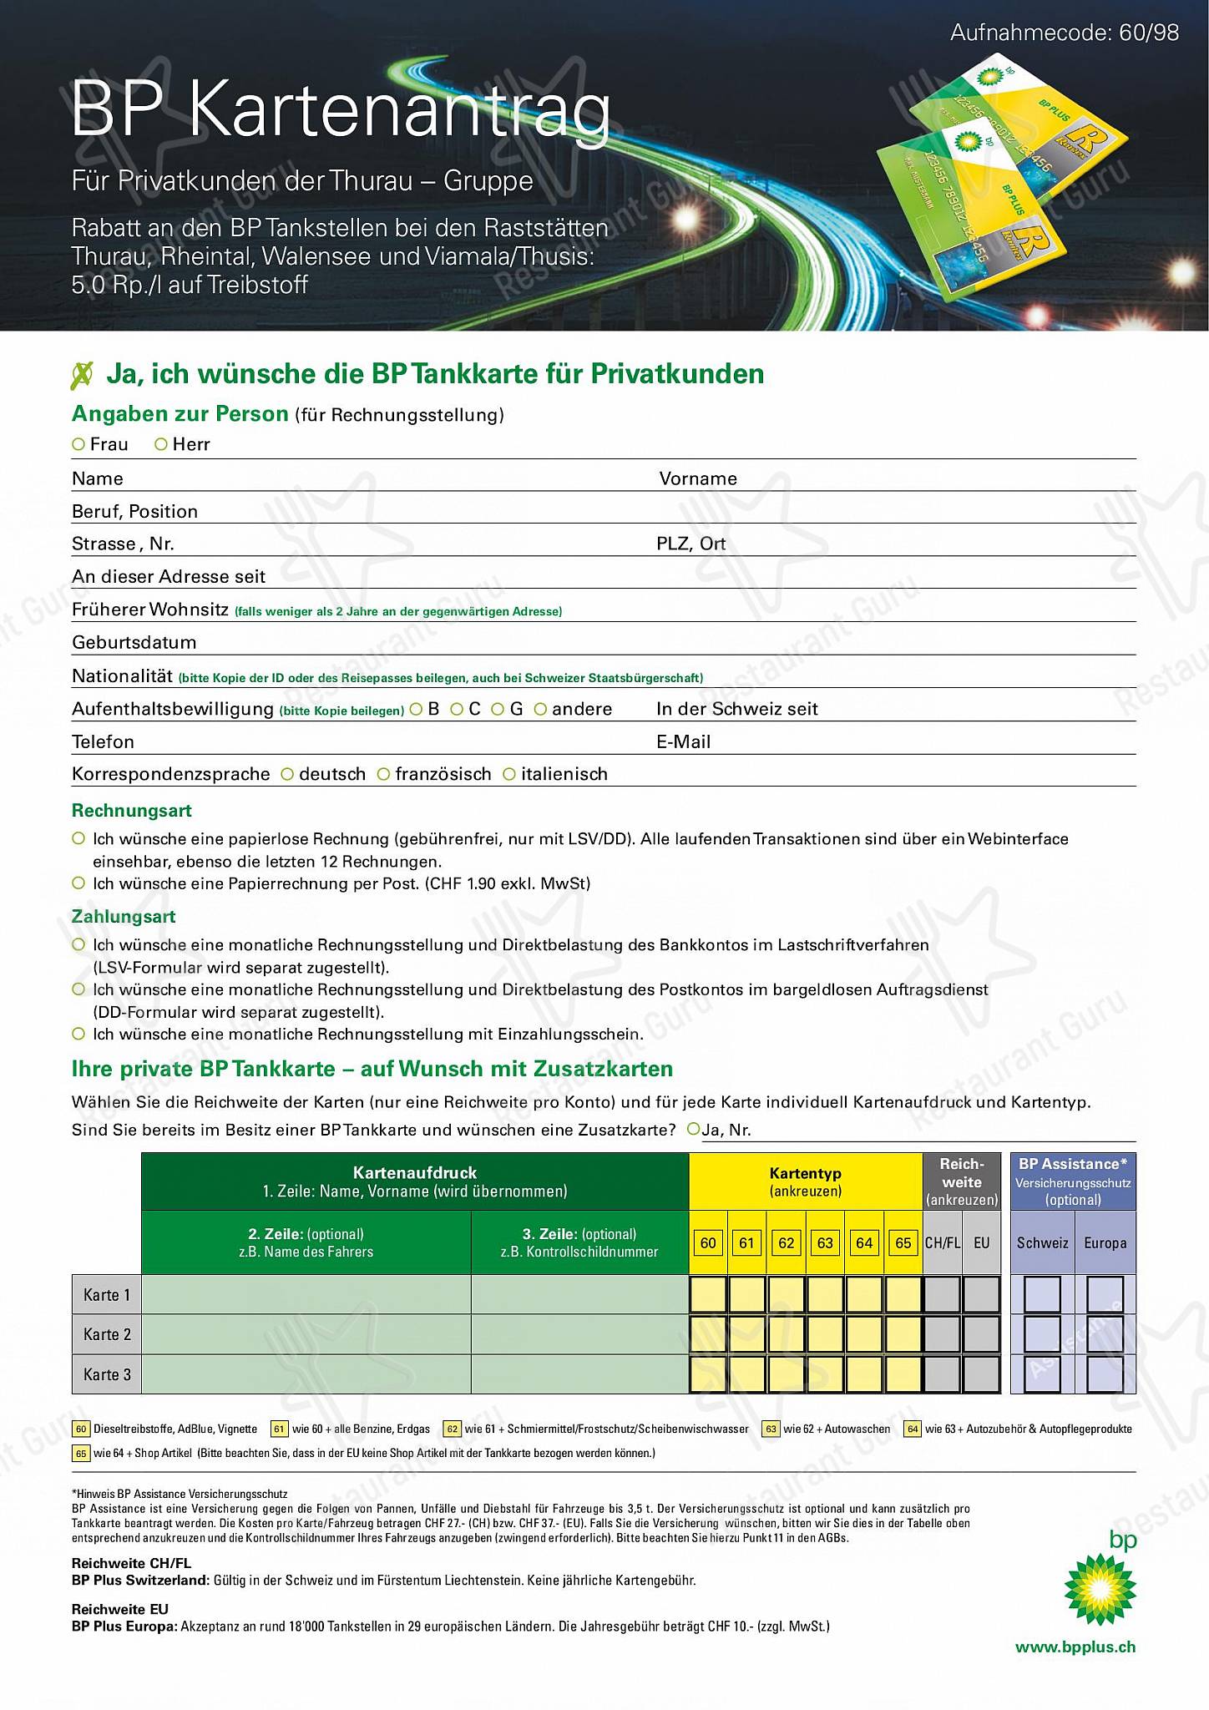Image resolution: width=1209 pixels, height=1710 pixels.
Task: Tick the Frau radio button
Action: coord(78,444)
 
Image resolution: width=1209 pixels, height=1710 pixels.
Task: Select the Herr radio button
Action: coord(161,444)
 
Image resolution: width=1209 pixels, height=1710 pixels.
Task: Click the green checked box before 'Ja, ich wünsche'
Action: coord(82,375)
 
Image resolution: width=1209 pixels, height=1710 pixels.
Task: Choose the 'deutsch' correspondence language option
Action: coord(287,775)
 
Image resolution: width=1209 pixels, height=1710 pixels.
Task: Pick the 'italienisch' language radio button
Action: coord(509,775)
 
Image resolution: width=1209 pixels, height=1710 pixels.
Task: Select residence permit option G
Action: coord(498,710)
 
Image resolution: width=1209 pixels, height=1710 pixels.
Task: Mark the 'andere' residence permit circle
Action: coord(540,710)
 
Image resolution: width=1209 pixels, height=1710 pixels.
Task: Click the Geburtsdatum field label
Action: coord(134,643)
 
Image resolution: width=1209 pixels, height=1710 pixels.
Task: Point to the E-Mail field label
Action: coord(683,742)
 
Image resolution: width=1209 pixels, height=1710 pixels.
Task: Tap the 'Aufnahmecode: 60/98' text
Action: coord(1065,33)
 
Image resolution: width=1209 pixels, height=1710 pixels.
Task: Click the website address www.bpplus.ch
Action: coord(1075,1647)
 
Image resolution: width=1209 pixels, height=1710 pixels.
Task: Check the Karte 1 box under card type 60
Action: coord(708,1295)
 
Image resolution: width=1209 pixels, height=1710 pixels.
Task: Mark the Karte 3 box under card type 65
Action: coord(903,1374)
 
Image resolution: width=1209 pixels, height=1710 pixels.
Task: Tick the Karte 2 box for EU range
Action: coord(981,1334)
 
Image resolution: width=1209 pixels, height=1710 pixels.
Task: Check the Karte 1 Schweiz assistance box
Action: coord(1042,1295)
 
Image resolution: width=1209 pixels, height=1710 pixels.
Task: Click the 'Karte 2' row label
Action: coord(107,1334)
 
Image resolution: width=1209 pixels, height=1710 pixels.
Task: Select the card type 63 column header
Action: coord(825,1243)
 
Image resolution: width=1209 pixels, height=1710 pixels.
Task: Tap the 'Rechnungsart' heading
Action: coord(132,811)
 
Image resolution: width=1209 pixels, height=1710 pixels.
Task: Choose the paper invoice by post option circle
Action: coord(78,883)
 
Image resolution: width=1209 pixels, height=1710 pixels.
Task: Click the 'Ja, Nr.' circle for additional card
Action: coord(693,1130)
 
